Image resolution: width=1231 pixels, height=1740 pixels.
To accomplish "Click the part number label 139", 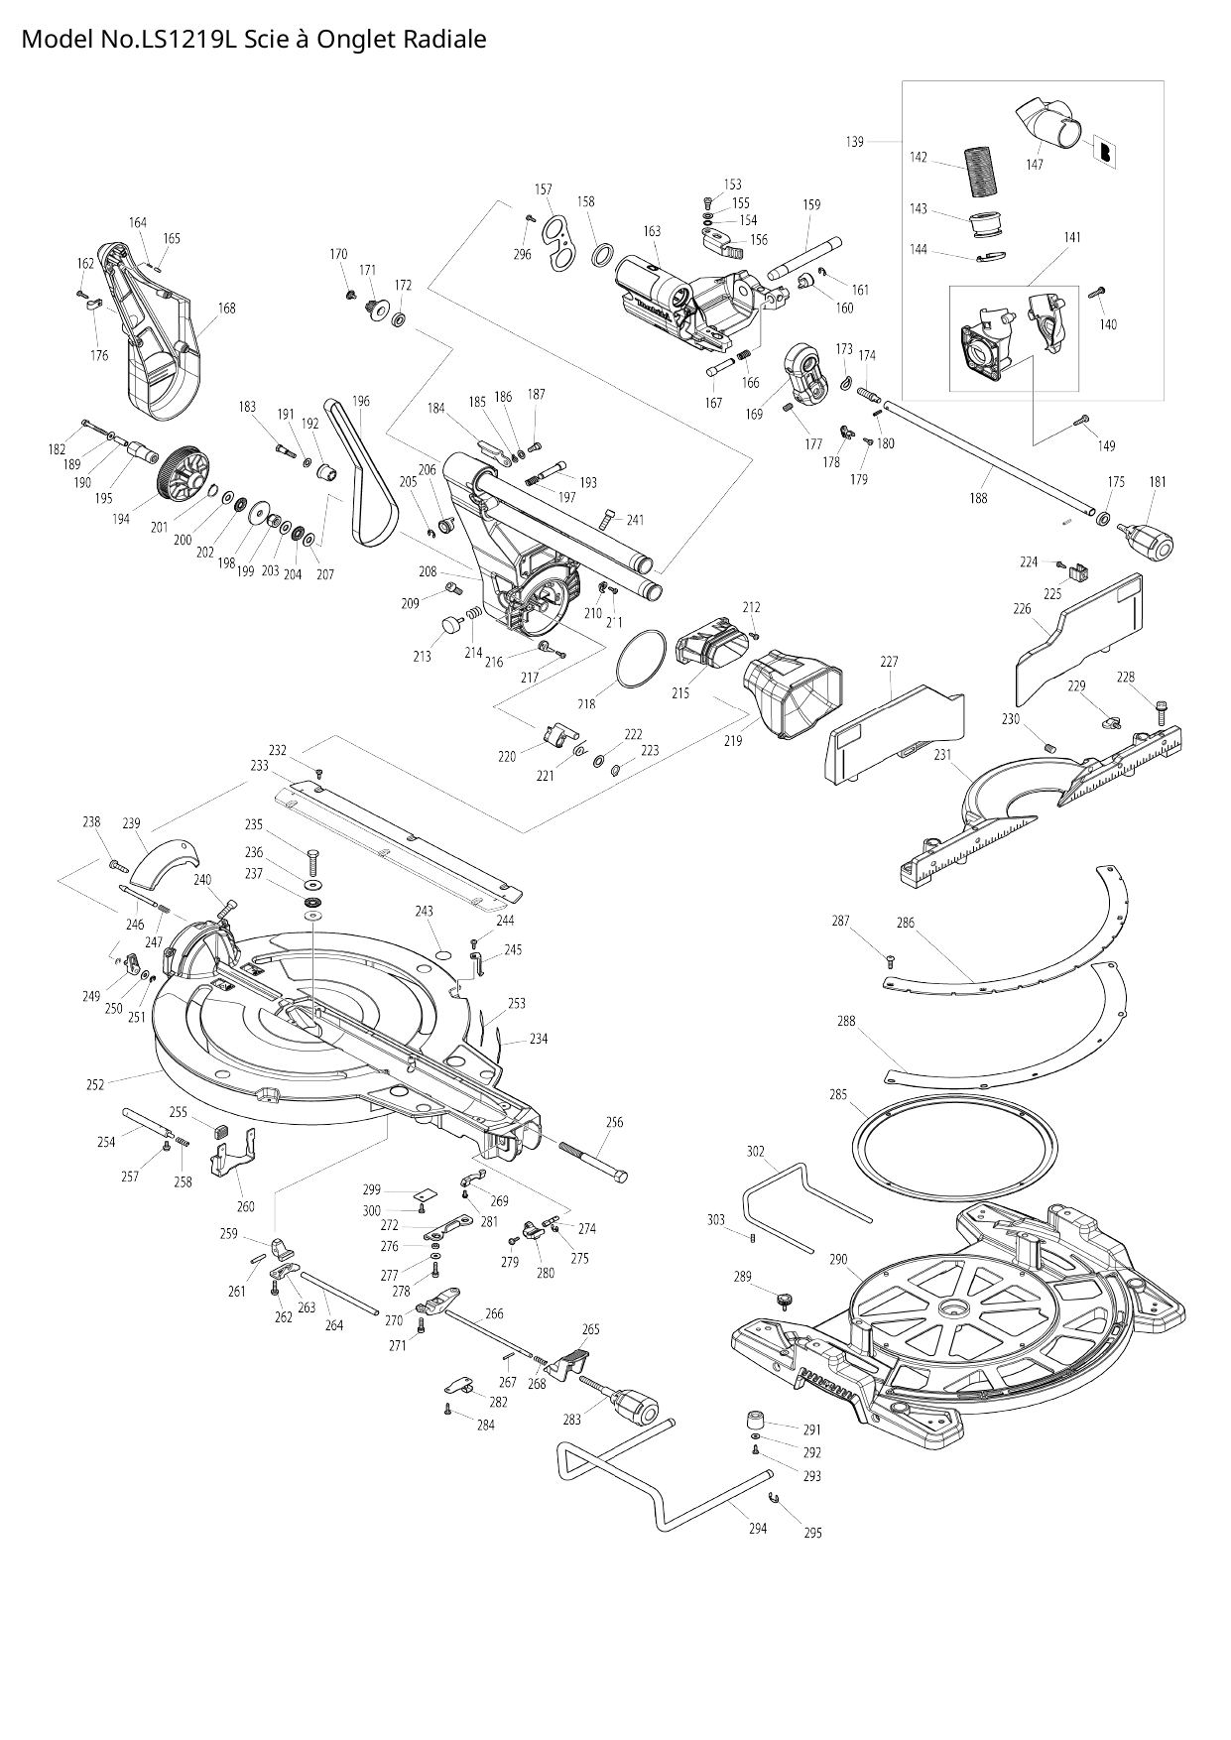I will pos(854,142).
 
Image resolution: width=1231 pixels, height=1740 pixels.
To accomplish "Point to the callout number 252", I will pos(95,1084).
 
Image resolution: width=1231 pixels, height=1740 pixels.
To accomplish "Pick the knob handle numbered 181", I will pos(1148,541).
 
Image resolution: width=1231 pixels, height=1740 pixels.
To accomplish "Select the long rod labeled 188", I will pos(992,456).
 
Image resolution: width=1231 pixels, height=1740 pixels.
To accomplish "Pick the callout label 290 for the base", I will pos(838,1259).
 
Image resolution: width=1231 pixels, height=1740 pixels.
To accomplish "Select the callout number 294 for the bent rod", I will pos(758,1528).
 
